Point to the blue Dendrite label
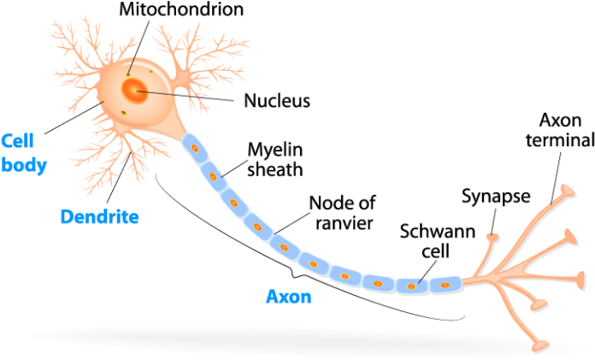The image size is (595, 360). point(100,216)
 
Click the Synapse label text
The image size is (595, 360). point(496,196)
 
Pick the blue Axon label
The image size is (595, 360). point(288,298)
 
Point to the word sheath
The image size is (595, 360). point(274,168)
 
